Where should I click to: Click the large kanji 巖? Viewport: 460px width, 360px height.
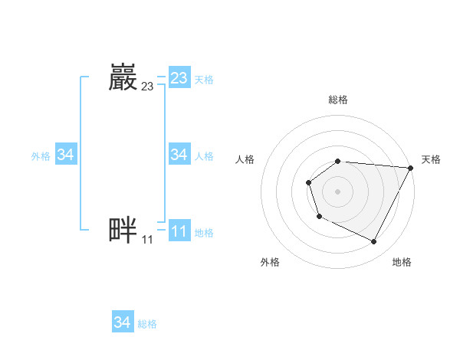pyautogui.click(x=123, y=77)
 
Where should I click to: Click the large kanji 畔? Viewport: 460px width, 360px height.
pyautogui.click(x=123, y=230)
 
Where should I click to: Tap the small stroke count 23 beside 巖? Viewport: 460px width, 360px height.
pyautogui.click(x=147, y=87)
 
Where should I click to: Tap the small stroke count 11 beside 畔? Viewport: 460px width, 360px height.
pyautogui.click(x=147, y=239)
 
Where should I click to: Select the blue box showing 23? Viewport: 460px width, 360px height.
pyautogui.click(x=179, y=78)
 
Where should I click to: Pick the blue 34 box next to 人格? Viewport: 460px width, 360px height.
pyautogui.click(x=179, y=155)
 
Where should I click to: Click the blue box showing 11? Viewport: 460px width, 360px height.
pyautogui.click(x=179, y=231)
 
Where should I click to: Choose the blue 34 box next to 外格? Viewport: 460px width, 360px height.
pyautogui.click(x=65, y=155)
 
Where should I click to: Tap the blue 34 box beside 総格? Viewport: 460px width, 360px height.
pyautogui.click(x=122, y=322)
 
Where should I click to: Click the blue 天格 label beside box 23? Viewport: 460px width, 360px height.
pyautogui.click(x=204, y=79)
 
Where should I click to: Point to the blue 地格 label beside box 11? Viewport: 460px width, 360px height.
pyautogui.click(x=204, y=233)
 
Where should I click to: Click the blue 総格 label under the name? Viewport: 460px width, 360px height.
pyautogui.click(x=147, y=324)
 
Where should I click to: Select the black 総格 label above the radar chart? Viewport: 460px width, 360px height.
pyautogui.click(x=338, y=100)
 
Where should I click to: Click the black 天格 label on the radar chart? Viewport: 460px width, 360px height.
pyautogui.click(x=431, y=159)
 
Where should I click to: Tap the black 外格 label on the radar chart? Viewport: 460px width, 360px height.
pyautogui.click(x=270, y=262)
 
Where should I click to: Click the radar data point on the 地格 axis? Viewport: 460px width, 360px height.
pyautogui.click(x=374, y=242)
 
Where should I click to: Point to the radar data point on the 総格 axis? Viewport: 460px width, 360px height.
pyautogui.click(x=338, y=161)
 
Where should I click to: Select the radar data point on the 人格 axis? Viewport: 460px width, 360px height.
pyautogui.click(x=308, y=182)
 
